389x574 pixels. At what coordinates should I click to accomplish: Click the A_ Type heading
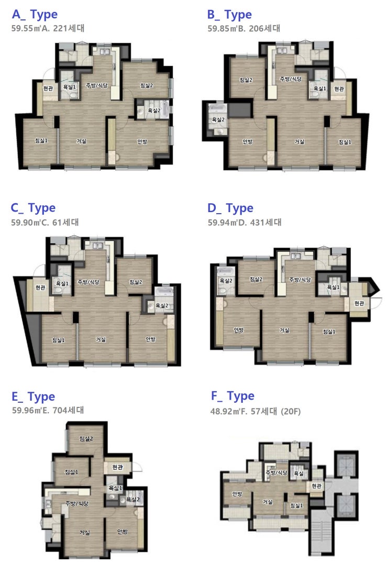pyautogui.click(x=35, y=15)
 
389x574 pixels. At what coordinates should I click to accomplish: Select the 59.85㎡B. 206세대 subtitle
pyautogui.click(x=244, y=29)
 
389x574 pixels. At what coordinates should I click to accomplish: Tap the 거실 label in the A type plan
pyautogui.click(x=81, y=141)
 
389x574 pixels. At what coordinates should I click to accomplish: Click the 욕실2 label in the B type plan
pyautogui.click(x=218, y=120)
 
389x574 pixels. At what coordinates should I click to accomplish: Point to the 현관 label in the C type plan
pyautogui.click(x=40, y=288)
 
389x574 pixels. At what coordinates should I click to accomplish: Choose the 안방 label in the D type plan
pyautogui.click(x=239, y=330)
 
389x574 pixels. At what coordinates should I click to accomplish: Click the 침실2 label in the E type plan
pyautogui.click(x=86, y=438)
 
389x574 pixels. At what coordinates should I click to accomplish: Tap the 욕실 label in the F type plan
pyautogui.click(x=298, y=473)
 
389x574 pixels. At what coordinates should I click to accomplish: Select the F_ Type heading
pyautogui.click(x=233, y=396)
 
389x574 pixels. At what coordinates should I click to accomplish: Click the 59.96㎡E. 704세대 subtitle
pyautogui.click(x=48, y=411)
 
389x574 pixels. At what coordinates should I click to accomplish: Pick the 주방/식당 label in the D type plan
pyautogui.click(x=300, y=279)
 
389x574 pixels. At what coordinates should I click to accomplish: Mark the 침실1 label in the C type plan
pyautogui.click(x=59, y=340)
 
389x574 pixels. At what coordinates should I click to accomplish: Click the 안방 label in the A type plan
pyautogui.click(x=142, y=141)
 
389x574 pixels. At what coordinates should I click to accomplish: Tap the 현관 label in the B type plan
pyautogui.click(x=339, y=89)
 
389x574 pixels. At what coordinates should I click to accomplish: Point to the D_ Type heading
pyautogui.click(x=230, y=208)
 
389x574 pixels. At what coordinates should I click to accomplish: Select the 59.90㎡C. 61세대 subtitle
pyautogui.click(x=45, y=223)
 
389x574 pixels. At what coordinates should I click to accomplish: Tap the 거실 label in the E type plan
pyautogui.click(x=85, y=533)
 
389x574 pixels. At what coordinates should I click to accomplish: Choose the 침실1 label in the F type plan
pyautogui.click(x=296, y=505)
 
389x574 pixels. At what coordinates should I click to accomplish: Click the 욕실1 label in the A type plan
pyautogui.click(x=70, y=87)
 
